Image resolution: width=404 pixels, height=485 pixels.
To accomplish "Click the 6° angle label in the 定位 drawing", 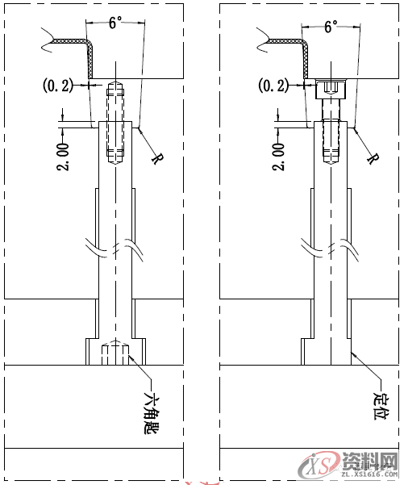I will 330,27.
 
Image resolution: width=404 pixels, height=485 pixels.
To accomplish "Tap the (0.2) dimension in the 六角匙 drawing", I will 56,83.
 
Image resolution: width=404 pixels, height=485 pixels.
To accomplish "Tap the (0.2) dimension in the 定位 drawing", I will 272,84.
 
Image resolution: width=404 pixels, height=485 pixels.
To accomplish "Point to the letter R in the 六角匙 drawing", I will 156,157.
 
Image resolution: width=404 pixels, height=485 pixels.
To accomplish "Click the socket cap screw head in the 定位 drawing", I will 330,88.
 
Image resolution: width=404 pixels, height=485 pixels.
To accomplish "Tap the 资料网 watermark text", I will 369,461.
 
